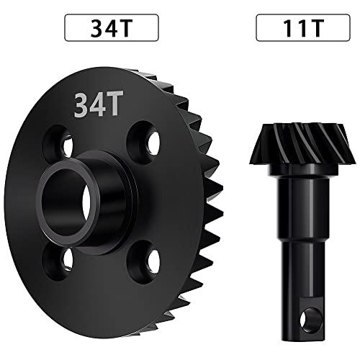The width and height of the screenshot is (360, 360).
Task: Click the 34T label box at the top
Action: pyautogui.click(x=112, y=27)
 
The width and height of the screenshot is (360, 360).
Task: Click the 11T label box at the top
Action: pyautogui.click(x=303, y=27)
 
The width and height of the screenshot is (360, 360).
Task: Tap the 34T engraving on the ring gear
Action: pyautogui.click(x=99, y=104)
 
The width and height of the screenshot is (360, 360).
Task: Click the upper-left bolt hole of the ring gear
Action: pyautogui.click(x=58, y=142)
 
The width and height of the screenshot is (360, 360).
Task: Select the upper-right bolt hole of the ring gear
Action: pyautogui.click(x=143, y=139)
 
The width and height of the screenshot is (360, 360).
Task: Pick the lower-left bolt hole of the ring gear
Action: pyautogui.click(x=57, y=261)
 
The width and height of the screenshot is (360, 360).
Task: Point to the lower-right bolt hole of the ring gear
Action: pyautogui.click(x=143, y=262)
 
